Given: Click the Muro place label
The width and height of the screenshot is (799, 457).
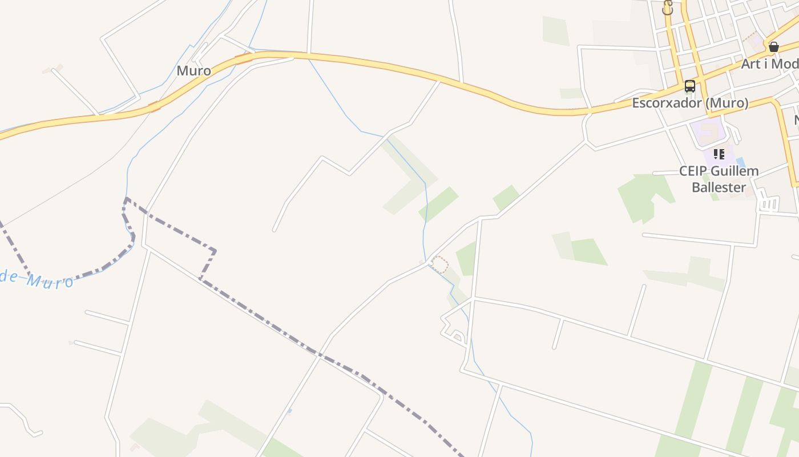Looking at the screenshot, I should click(193, 71).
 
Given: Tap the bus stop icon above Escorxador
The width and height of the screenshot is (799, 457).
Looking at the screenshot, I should click(690, 86).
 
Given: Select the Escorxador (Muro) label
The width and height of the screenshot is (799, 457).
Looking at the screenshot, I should click(690, 103).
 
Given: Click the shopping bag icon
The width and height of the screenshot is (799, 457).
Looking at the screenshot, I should click(774, 47).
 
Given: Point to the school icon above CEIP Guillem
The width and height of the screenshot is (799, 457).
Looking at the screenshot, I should click(719, 154).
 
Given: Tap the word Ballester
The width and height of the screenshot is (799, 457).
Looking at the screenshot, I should click(719, 187).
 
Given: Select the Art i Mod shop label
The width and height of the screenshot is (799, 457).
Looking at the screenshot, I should click(769, 64).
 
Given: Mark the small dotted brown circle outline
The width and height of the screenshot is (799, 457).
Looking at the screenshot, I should click(439, 264).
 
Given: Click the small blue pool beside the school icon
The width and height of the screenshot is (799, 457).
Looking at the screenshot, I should click(740, 162).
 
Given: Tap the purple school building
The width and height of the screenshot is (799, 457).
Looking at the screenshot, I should click(708, 131).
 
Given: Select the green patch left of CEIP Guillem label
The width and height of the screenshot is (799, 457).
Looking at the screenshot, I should click(645, 197).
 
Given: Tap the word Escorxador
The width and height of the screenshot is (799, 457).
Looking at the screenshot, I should click(666, 103).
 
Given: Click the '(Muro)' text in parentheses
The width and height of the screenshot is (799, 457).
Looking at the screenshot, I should click(726, 103).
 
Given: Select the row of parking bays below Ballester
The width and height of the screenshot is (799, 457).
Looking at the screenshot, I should click(769, 205).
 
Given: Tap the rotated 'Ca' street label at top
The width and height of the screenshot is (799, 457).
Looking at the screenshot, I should click(668, 7).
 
